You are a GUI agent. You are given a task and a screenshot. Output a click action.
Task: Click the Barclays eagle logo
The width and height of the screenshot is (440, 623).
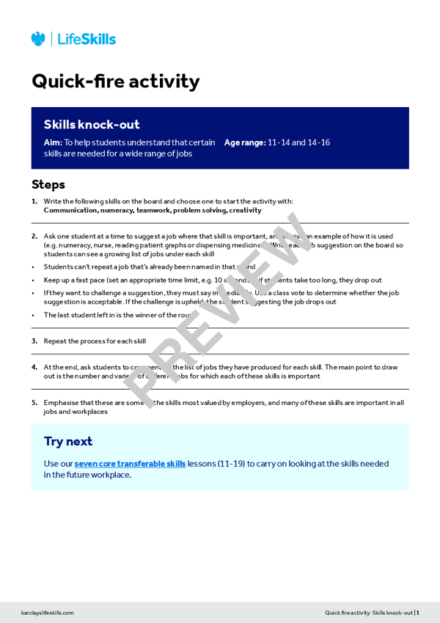(38, 39)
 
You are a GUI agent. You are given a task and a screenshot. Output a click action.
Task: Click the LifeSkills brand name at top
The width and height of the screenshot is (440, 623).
(87, 40)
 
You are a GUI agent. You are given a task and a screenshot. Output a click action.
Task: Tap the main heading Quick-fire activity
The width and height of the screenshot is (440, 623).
(115, 81)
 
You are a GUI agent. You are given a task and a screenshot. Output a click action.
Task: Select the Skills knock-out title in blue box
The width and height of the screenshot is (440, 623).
(92, 125)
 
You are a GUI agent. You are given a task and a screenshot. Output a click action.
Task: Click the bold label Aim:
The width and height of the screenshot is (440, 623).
(53, 142)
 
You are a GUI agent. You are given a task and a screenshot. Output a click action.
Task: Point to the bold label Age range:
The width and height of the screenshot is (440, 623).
(244, 142)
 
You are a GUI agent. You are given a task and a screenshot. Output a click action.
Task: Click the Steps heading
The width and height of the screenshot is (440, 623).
(48, 184)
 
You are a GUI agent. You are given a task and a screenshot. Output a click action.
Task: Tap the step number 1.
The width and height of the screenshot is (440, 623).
(34, 201)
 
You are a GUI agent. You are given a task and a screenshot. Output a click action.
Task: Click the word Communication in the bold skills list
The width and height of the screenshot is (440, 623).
(70, 210)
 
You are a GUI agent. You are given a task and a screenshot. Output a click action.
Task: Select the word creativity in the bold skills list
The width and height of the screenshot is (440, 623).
(245, 210)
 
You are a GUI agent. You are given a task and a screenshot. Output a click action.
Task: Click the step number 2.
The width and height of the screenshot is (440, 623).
(34, 236)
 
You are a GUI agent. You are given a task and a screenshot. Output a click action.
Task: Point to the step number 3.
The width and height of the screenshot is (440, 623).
(34, 341)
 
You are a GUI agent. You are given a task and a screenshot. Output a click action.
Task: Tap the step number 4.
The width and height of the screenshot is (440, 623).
(34, 367)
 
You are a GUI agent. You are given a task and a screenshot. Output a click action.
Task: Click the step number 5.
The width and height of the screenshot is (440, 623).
(34, 402)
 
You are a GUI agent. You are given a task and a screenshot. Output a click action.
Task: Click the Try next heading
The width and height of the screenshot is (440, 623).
(68, 441)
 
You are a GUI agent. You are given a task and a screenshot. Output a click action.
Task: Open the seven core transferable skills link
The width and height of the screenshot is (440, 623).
(130, 464)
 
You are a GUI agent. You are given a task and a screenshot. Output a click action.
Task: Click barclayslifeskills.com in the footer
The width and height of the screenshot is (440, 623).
(48, 613)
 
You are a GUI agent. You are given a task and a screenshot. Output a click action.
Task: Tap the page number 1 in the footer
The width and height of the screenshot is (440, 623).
(417, 613)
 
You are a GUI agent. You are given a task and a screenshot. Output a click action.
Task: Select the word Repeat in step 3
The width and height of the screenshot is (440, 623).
(55, 341)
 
